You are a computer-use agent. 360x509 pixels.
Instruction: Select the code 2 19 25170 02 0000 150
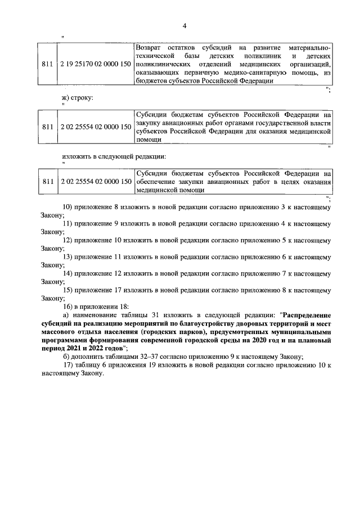pyautogui.click(x=96, y=65)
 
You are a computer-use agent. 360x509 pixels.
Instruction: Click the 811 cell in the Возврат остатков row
pyautogui.click(x=48, y=65)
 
